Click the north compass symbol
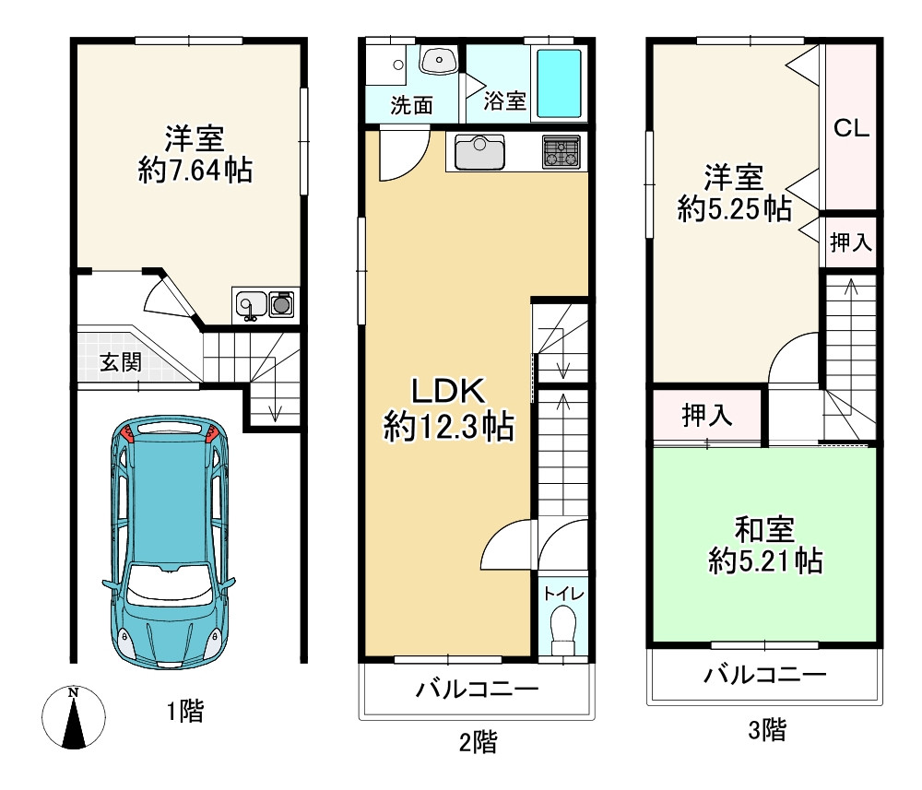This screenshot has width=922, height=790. click(75, 717)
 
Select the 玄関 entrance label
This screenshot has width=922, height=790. click(121, 362)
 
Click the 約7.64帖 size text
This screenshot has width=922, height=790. click(195, 171)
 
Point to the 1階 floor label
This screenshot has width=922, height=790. click(184, 711)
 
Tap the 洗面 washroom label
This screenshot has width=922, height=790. click(411, 105)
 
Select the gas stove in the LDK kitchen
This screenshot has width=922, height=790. click(561, 152)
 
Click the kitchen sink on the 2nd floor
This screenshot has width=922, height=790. click(478, 152)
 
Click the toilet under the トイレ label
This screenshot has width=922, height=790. click(561, 631)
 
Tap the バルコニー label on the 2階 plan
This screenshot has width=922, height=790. click(476, 690)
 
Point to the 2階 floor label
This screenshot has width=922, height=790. click(478, 742)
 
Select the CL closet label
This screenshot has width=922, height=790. click(851, 129)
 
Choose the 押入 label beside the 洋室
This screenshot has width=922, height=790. click(850, 243)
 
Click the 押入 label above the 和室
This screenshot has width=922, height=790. click(707, 416)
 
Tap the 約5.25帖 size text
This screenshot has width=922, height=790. click(734, 209)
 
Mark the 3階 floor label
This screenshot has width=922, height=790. click(767, 731)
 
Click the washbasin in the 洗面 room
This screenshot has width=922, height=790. click(439, 61)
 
